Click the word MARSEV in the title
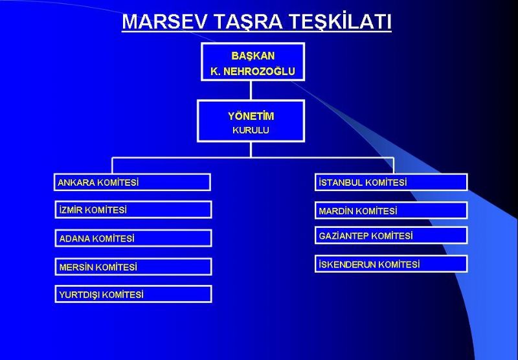[166, 22]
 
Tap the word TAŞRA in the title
[249, 23]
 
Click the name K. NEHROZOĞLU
[253, 71]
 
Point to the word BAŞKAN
[253, 56]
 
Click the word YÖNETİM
[251, 116]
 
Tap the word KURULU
[251, 130]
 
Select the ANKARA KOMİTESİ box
[132, 182]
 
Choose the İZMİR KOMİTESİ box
[133, 210]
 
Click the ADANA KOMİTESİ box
[133, 238]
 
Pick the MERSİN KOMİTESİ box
[133, 267]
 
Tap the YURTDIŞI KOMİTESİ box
[133, 294]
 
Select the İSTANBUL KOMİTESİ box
[391, 182]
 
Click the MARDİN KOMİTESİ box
[391, 210]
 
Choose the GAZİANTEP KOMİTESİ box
[391, 236]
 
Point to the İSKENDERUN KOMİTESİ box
[391, 264]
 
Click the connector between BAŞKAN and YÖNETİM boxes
[251, 90]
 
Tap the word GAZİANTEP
[344, 236]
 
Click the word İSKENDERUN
[347, 264]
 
